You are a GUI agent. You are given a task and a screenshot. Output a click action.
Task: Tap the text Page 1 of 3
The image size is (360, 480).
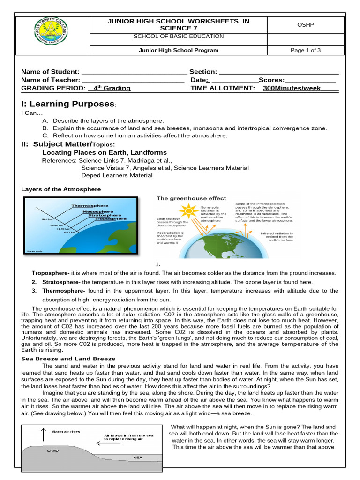[x=306, y=51]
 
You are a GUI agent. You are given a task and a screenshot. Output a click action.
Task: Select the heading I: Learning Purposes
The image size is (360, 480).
[x=67, y=104]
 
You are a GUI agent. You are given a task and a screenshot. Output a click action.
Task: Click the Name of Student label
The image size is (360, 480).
[x=51, y=72]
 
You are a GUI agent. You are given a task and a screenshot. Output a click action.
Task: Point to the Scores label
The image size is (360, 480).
[x=271, y=80]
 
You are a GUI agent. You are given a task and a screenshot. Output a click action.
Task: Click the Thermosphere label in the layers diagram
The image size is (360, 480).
[x=90, y=205]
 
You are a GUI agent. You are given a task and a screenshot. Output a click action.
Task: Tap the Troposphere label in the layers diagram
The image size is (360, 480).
[x=110, y=218]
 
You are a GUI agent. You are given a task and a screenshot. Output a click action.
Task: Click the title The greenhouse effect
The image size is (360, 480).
[x=191, y=198]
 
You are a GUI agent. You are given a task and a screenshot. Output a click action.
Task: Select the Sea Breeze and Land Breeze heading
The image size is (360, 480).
[x=68, y=359]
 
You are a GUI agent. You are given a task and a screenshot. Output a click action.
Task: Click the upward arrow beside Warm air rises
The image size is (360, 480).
[x=44, y=435]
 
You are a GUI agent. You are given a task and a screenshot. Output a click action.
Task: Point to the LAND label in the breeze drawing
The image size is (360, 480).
[x=53, y=450]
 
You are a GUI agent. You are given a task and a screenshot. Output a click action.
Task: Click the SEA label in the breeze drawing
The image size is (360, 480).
[x=138, y=457]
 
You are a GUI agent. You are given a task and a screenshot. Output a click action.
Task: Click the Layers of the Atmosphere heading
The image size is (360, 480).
[x=61, y=189]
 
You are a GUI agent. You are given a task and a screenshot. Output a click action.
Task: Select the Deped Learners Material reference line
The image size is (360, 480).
[x=117, y=175]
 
